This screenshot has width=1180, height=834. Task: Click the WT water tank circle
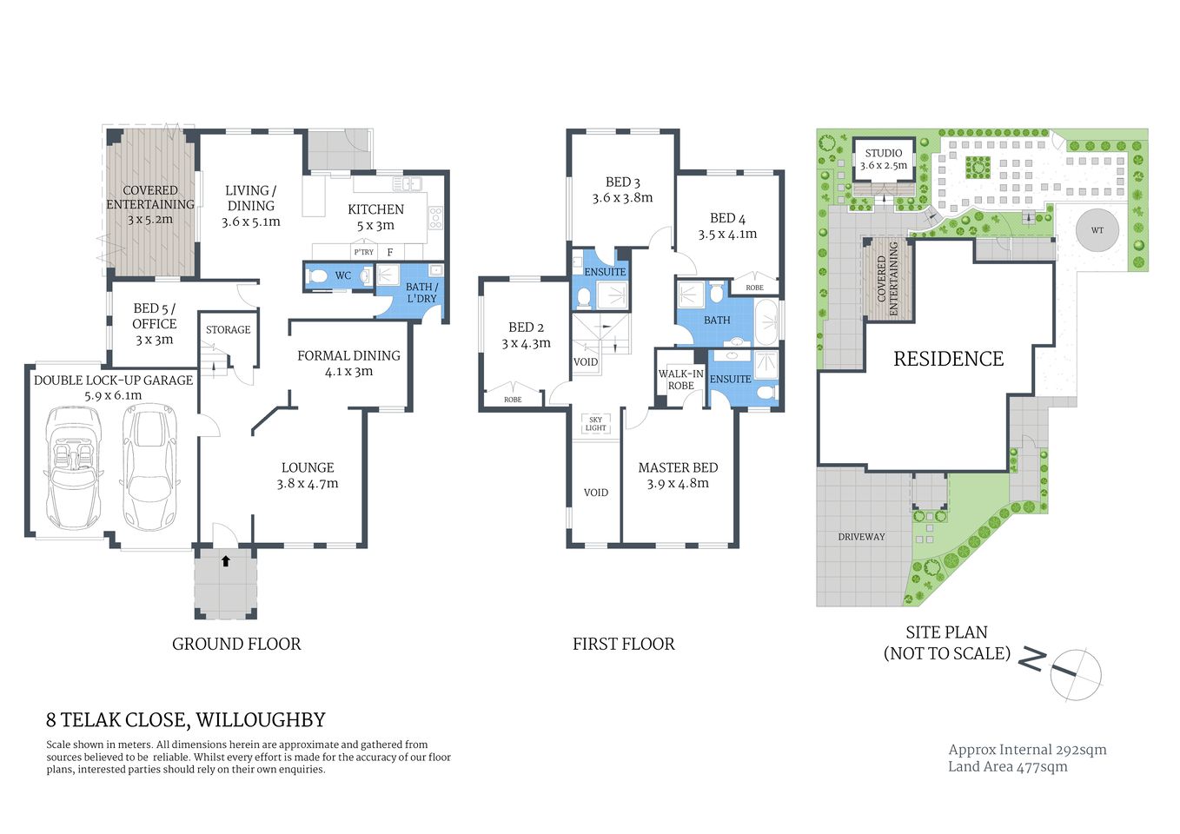(1097, 230)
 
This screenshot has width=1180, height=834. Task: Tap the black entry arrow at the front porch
(226, 561)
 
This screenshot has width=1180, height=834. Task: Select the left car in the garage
(74, 467)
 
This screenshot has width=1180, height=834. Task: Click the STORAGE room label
(228, 330)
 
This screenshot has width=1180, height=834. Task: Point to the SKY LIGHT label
(595, 424)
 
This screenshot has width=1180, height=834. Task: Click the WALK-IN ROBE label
(680, 380)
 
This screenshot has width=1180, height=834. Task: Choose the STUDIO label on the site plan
(884, 153)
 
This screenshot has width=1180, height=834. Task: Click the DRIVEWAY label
(861, 537)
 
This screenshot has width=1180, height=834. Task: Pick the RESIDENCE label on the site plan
(948, 359)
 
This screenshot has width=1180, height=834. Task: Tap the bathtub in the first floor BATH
(767, 322)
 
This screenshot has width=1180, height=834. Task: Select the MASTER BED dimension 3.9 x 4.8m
(678, 484)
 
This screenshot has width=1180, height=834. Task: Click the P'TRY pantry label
(363, 252)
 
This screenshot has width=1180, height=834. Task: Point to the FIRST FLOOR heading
(623, 644)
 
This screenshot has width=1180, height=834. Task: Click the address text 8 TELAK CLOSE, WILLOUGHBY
(186, 720)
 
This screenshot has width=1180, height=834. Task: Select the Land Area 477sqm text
(1007, 766)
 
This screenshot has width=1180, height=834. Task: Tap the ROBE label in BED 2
(513, 400)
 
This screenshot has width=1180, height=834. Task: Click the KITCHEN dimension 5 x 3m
(375, 225)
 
